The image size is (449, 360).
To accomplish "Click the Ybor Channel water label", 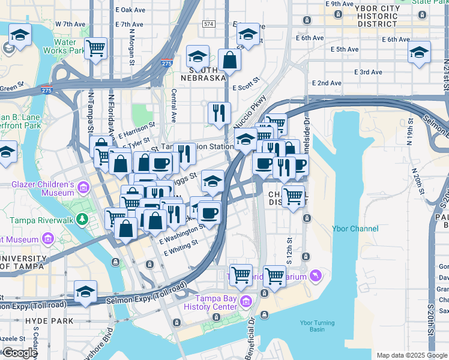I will tap(355, 229).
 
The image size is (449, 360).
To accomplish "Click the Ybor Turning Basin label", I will tap(313, 326).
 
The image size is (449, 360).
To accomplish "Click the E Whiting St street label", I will tap(181, 248).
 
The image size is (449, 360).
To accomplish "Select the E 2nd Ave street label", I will tap(327, 83).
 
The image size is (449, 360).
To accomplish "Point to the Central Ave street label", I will tap(173, 103).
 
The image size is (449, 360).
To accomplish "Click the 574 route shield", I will tap(208, 24).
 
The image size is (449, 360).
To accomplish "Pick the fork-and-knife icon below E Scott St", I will tap(219, 112).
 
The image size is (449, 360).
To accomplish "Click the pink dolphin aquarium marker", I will tap(316, 275).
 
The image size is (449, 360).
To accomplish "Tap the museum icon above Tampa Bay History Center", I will tap(245, 300).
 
